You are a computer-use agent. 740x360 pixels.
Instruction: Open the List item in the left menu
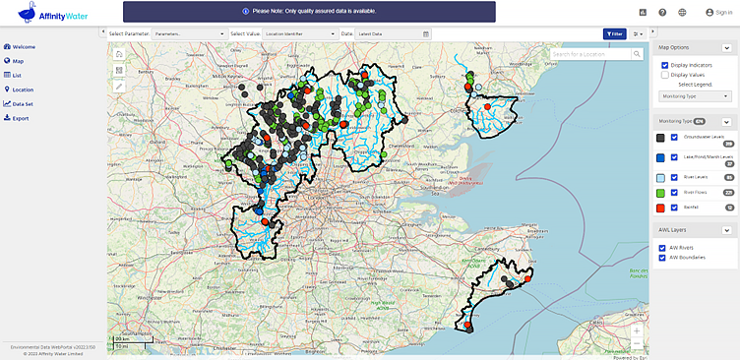coord(18,75)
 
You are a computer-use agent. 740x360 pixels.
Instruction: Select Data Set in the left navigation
coord(23,103)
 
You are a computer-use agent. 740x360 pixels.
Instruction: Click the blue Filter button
coord(614,33)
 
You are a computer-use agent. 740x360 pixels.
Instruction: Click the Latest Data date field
coord(390,33)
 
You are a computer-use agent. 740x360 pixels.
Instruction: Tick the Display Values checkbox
coord(665,74)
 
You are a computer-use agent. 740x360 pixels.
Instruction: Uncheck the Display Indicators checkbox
coord(665,65)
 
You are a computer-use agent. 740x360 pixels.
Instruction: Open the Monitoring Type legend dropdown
coord(694,96)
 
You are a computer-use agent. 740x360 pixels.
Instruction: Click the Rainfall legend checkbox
coord(674,208)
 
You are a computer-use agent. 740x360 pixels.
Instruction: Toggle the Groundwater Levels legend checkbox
coord(674,138)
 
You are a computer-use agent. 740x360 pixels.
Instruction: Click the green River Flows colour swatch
coord(661,193)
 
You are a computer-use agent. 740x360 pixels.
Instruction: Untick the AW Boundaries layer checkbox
coord(663,256)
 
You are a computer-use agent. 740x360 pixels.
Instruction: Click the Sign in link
coord(718,12)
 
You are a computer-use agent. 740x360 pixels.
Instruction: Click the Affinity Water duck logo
coord(34,13)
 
